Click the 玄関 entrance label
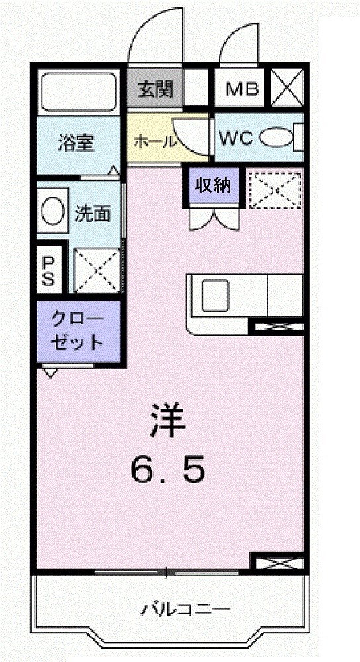coord(156,89)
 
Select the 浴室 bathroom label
coord(75,143)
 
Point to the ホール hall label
coord(155,141)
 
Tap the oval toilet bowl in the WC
coord(277,138)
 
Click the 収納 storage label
coord(212,185)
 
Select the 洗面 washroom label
coord(93,214)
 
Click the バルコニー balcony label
coord(186,608)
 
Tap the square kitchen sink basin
coord(215,295)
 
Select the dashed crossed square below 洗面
coord(97,269)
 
